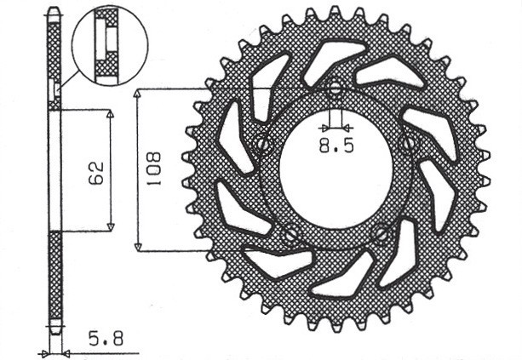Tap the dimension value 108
coord(154,170)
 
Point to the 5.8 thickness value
coord(106,339)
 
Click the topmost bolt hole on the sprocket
coord(335,89)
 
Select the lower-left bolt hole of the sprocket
coord(291,231)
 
